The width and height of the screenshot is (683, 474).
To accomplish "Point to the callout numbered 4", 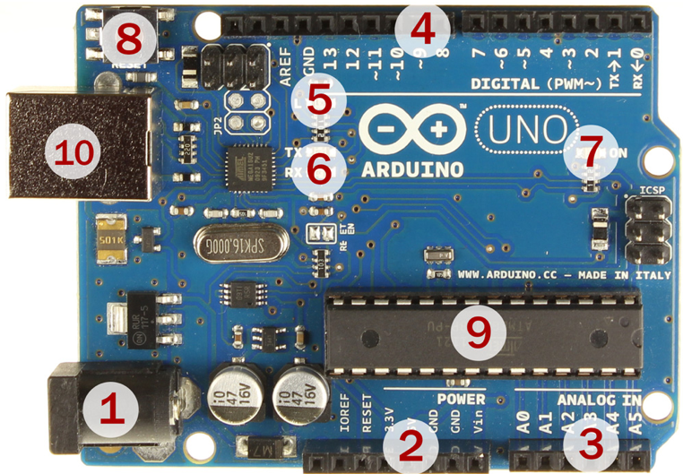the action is pyautogui.click(x=422, y=33).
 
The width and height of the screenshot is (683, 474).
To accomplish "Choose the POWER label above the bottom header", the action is pyautogui.click(x=462, y=399).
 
